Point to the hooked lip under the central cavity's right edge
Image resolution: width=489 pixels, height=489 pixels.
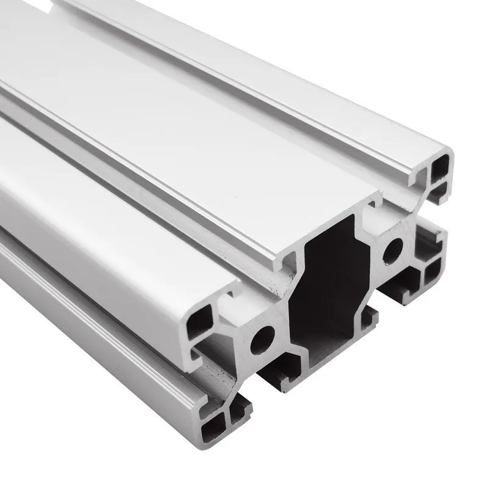click(369, 318)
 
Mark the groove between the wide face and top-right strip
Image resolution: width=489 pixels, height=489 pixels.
click(257, 98)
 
